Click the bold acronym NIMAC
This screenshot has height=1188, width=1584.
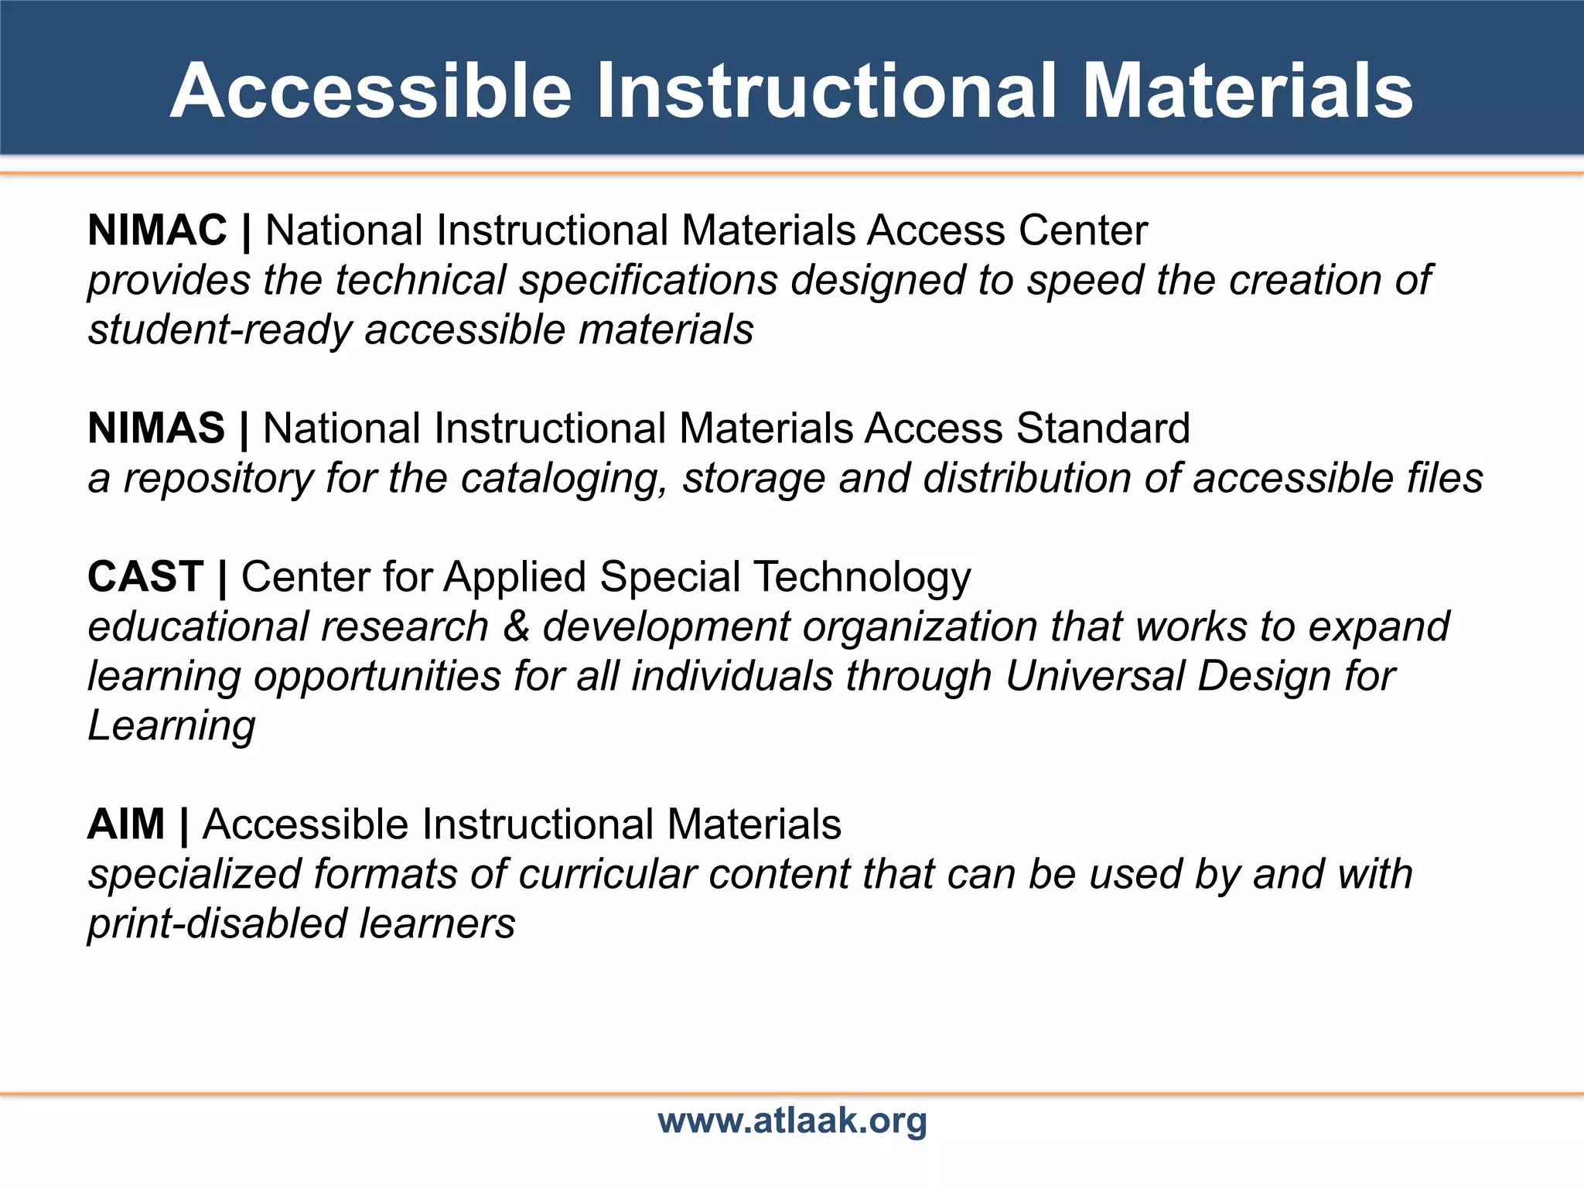pyautogui.click(x=157, y=230)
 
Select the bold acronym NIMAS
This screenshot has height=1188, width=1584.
pyautogui.click(x=156, y=428)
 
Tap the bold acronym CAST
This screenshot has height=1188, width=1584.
pyautogui.click(x=145, y=577)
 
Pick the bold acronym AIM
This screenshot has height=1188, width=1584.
pyautogui.click(x=126, y=824)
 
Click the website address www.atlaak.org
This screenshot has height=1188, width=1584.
pyautogui.click(x=792, y=1120)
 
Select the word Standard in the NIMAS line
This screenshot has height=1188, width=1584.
pyautogui.click(x=1103, y=428)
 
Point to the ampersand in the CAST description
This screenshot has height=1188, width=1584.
pyautogui.click(x=516, y=626)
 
